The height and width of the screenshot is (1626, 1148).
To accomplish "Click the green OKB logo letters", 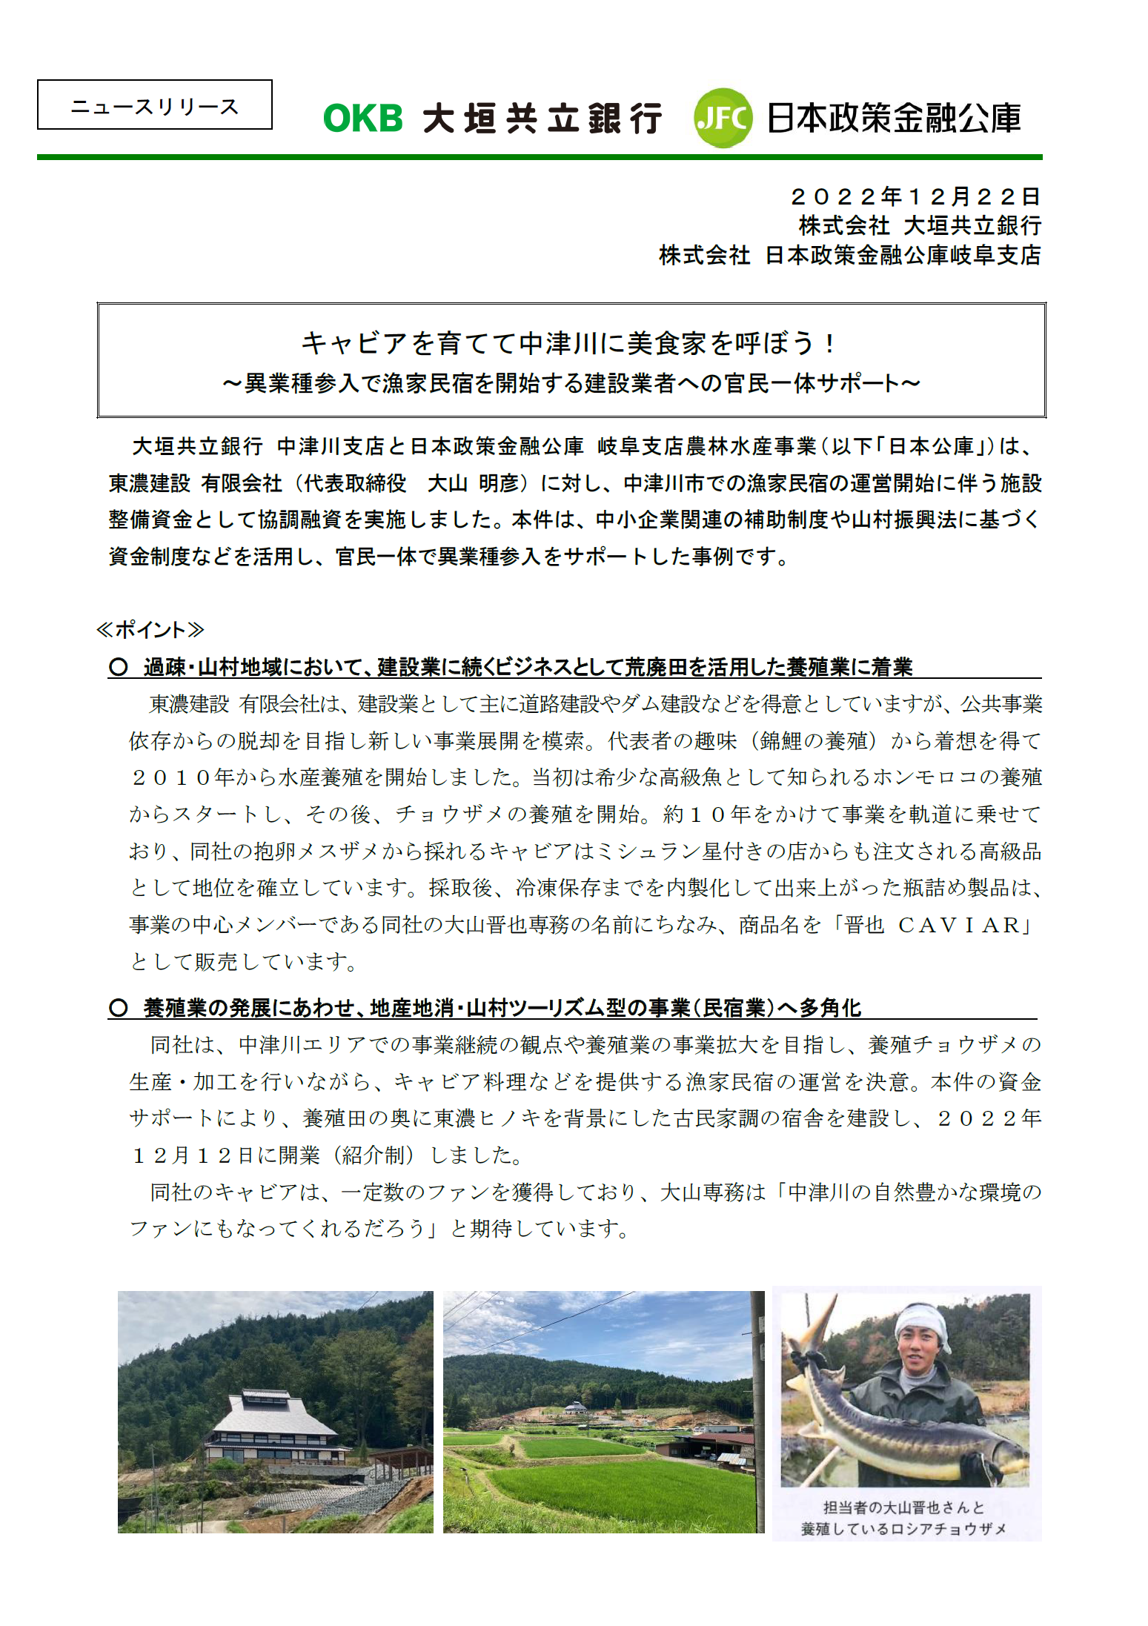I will (x=362, y=119).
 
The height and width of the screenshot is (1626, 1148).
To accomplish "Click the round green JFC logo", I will (x=723, y=118).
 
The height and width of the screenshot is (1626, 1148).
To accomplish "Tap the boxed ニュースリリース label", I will (x=155, y=105).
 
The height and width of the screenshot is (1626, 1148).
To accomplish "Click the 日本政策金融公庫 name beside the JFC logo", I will (x=894, y=118).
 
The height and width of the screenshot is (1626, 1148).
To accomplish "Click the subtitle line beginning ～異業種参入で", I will (x=571, y=383).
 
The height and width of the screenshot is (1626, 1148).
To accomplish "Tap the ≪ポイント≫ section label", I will (x=150, y=630).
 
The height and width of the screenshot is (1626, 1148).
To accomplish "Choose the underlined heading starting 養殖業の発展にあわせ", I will (x=502, y=1008).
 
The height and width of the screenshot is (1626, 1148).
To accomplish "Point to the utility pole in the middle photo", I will (x=757, y=1408).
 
